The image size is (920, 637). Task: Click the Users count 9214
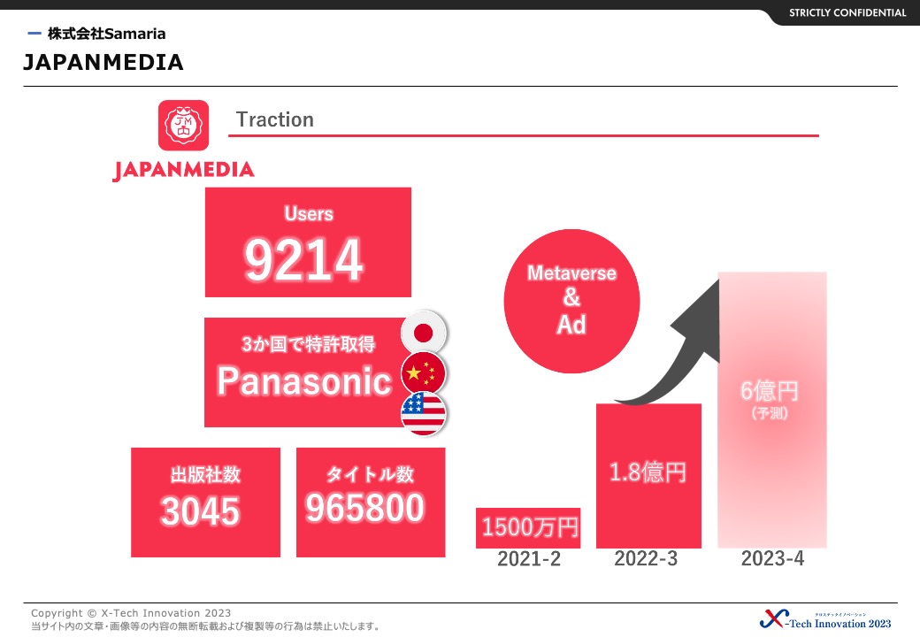point(304,260)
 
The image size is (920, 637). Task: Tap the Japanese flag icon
point(424,333)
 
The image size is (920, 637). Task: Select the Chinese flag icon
point(424,373)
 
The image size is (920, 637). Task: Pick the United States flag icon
point(424,413)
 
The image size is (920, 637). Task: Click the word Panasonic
point(304,381)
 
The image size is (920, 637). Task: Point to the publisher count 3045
point(200,510)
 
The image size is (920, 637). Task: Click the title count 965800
point(364,508)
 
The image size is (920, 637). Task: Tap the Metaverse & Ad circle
point(571,301)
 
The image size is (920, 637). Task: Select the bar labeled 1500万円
point(528,528)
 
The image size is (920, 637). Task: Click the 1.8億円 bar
point(649,476)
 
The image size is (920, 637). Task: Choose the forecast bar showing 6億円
point(772,410)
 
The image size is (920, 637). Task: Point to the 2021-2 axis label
point(529,559)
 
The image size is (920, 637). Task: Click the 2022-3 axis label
point(646,558)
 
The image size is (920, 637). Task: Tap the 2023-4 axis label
point(772,558)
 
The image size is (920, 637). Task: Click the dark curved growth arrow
point(686,357)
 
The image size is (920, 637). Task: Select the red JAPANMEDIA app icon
point(184,125)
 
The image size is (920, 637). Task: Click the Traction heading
point(274,119)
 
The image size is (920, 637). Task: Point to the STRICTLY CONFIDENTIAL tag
point(847,13)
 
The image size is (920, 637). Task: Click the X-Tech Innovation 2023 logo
point(825,619)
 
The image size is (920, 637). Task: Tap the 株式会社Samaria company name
point(107,34)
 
